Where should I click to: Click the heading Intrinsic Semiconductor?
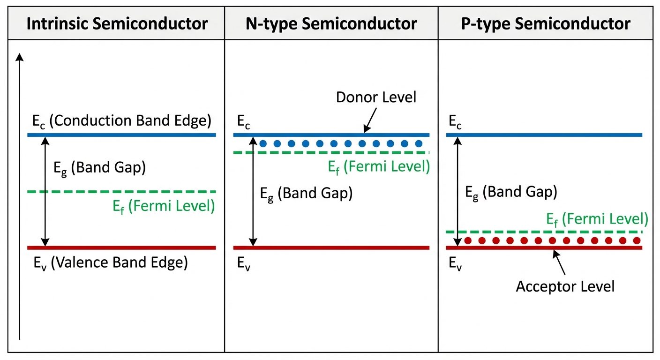tap(117, 23)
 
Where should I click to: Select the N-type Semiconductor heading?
tap(331, 23)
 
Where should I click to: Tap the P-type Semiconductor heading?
tap(546, 23)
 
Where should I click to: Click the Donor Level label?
tap(376, 97)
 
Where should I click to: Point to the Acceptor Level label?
tap(565, 286)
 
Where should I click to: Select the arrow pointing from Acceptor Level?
tap(560, 262)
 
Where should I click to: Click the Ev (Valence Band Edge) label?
tap(110, 262)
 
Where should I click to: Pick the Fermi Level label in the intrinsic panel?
tap(164, 206)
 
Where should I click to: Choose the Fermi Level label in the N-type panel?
tap(379, 167)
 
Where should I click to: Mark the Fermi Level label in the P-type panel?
tap(597, 219)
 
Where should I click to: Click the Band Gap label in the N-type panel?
tap(306, 193)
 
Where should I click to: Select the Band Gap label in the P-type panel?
tap(510, 192)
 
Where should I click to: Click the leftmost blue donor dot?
tap(263, 143)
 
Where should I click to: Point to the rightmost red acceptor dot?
tap(637, 240)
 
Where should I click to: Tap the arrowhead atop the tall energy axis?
tap(19, 57)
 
